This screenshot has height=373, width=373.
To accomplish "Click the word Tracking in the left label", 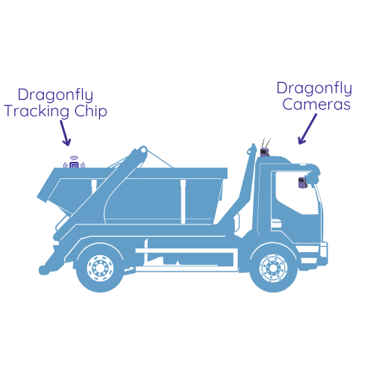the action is tap(37, 111).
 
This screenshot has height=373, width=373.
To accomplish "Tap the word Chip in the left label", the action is tap(91, 110).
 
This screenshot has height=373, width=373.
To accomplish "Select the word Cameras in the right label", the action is tap(316, 104).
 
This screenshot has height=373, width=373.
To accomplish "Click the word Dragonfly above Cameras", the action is tap(314, 89).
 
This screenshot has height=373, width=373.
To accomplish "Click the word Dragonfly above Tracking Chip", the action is tap(55, 95).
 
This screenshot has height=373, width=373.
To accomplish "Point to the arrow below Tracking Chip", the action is tap(65, 133).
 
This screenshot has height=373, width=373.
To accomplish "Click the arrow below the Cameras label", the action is tap(307, 129).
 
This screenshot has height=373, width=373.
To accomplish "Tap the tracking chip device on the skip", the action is tap(74, 164).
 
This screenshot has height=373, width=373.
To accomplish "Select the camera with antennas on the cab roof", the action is tap(265, 152).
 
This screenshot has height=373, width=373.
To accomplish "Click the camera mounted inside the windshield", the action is tap(303, 182).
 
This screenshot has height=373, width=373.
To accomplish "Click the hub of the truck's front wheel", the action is tap(273, 268).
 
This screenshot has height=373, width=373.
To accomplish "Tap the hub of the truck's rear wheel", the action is tap(100, 268).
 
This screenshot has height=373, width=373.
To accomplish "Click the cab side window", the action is tap(296, 192).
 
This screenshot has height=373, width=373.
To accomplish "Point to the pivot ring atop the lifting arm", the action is tap(143, 150).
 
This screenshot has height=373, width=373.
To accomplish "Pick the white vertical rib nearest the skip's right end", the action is tap(184, 201).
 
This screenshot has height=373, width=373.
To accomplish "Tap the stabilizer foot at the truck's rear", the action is tap(44, 270).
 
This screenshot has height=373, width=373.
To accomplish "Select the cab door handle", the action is tap(276, 224).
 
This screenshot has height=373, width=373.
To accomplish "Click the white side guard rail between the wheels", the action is tap(184, 251).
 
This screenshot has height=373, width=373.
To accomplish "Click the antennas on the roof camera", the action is tap(266, 142).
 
